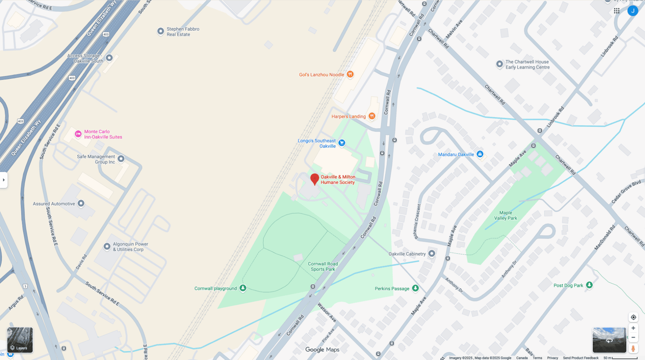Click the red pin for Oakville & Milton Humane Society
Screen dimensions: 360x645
(x=314, y=179)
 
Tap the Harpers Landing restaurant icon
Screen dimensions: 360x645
(x=372, y=116)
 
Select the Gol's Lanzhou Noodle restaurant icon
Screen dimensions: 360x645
(x=350, y=74)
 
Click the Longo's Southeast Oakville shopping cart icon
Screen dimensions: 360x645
(x=342, y=143)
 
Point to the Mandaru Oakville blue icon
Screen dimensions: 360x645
(x=480, y=154)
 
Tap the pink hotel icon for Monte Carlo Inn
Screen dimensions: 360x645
(x=78, y=134)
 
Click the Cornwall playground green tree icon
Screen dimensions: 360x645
(x=243, y=288)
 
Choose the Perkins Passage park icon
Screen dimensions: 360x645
(x=415, y=288)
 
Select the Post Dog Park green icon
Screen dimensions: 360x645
(x=589, y=285)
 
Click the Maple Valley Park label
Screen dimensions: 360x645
(x=506, y=215)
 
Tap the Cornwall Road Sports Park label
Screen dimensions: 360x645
(x=323, y=266)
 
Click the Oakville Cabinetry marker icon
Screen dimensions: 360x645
(x=431, y=254)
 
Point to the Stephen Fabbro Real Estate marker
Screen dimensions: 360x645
(x=161, y=31)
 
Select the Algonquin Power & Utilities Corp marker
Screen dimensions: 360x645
(x=107, y=246)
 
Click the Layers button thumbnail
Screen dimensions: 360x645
(x=20, y=340)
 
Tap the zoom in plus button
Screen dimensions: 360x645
(x=633, y=328)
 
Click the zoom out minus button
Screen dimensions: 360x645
(x=633, y=337)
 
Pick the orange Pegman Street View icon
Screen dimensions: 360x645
(x=633, y=348)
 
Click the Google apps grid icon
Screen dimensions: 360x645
(x=617, y=11)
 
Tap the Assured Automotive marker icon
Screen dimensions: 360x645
(x=81, y=204)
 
